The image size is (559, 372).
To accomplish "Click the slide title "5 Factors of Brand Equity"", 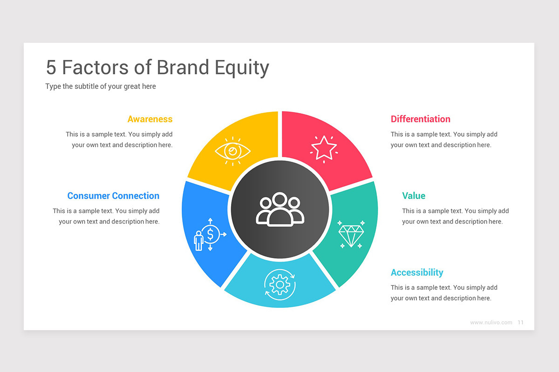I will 157,67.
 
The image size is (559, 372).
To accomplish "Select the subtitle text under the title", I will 101,86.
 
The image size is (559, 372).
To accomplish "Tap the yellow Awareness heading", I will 150,119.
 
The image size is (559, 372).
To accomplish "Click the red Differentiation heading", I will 420,119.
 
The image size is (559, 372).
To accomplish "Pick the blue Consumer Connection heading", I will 113,196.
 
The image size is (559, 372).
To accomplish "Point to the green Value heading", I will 414,196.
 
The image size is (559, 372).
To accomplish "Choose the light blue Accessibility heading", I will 417,272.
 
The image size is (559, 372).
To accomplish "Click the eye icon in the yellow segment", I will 232,151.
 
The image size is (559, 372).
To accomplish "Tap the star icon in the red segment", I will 324,147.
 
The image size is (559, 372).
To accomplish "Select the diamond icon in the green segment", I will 351,234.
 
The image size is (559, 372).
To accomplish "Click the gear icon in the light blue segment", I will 279,283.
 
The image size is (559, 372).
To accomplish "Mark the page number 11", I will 520,322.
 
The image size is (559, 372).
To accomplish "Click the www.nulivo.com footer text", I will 491,322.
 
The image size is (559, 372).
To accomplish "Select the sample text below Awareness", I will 119,139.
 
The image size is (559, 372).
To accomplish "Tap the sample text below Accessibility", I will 444,293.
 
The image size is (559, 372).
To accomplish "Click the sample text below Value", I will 455,216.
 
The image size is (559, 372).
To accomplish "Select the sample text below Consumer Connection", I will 106,216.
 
